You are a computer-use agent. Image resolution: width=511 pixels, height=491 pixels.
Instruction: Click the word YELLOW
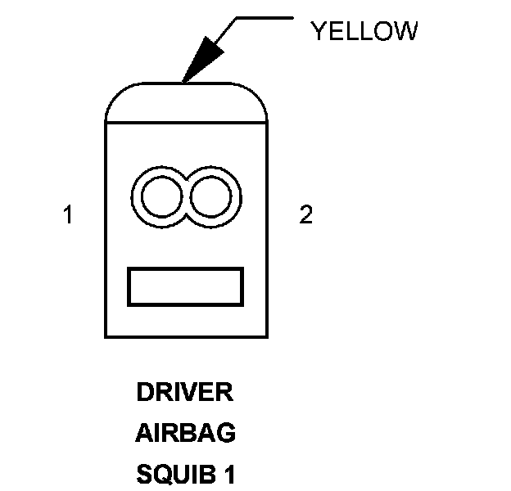pyautogui.click(x=364, y=32)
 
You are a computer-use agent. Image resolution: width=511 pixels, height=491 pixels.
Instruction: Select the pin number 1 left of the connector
pyautogui.click(x=68, y=215)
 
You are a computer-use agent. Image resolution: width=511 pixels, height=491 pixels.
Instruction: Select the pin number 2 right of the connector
pyautogui.click(x=305, y=215)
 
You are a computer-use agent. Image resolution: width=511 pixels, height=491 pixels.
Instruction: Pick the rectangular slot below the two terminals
pyautogui.click(x=186, y=286)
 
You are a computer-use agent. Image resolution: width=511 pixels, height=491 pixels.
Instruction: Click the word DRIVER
pyautogui.click(x=185, y=393)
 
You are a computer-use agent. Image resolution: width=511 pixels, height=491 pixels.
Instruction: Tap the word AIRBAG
pyautogui.click(x=185, y=434)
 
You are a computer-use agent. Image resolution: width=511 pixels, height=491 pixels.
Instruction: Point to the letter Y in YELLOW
pyautogui.click(x=318, y=32)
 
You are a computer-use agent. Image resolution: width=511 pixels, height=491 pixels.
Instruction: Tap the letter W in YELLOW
pyautogui.click(x=407, y=32)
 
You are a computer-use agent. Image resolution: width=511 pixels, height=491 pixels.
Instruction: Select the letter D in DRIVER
pyautogui.click(x=144, y=393)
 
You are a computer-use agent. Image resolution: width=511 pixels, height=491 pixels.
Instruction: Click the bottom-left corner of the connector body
pyautogui.click(x=106, y=336)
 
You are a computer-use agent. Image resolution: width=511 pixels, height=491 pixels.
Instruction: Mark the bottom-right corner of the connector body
pyautogui.click(x=268, y=336)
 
